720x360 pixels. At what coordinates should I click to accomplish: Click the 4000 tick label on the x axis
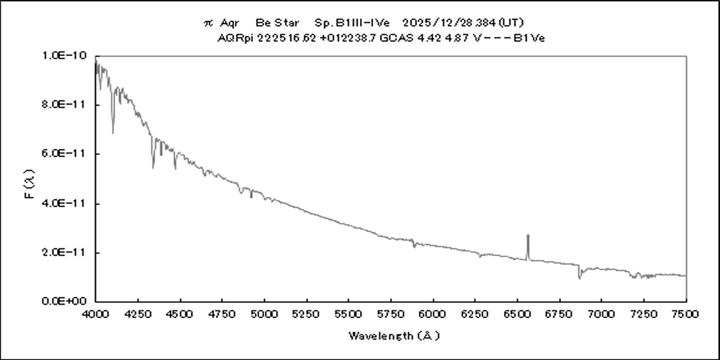click(96, 313)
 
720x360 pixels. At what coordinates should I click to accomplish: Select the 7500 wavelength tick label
click(686, 313)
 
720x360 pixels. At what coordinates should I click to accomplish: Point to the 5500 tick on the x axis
click(349, 313)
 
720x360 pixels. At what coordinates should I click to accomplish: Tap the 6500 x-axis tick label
click(517, 313)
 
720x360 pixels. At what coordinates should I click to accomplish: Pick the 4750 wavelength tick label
click(222, 313)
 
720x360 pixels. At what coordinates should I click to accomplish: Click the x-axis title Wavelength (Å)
click(394, 335)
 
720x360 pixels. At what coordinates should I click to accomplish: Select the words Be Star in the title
click(277, 23)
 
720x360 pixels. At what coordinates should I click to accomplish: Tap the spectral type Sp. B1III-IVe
click(352, 23)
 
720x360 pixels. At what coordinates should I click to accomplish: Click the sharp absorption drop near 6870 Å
click(580, 275)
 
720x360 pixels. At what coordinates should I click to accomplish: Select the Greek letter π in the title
click(208, 23)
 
